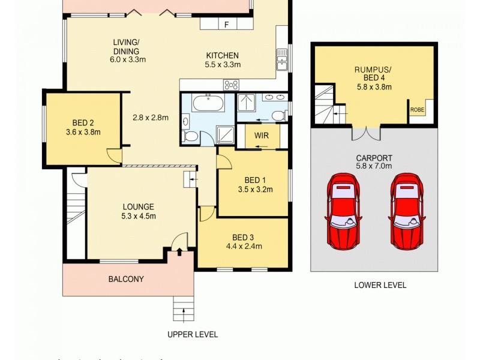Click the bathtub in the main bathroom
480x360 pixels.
(208, 104)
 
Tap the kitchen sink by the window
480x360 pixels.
(282, 60)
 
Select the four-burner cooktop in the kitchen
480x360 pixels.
(232, 85)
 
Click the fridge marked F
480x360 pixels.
(226, 24)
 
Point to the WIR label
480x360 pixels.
(261, 136)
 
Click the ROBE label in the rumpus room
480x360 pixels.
(417, 110)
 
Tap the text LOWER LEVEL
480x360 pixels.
(380, 285)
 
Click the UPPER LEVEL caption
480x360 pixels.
(192, 334)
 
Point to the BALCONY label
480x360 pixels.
(126, 279)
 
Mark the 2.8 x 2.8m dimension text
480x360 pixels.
(151, 118)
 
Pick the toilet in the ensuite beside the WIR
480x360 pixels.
(278, 115)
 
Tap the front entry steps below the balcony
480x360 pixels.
(183, 309)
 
